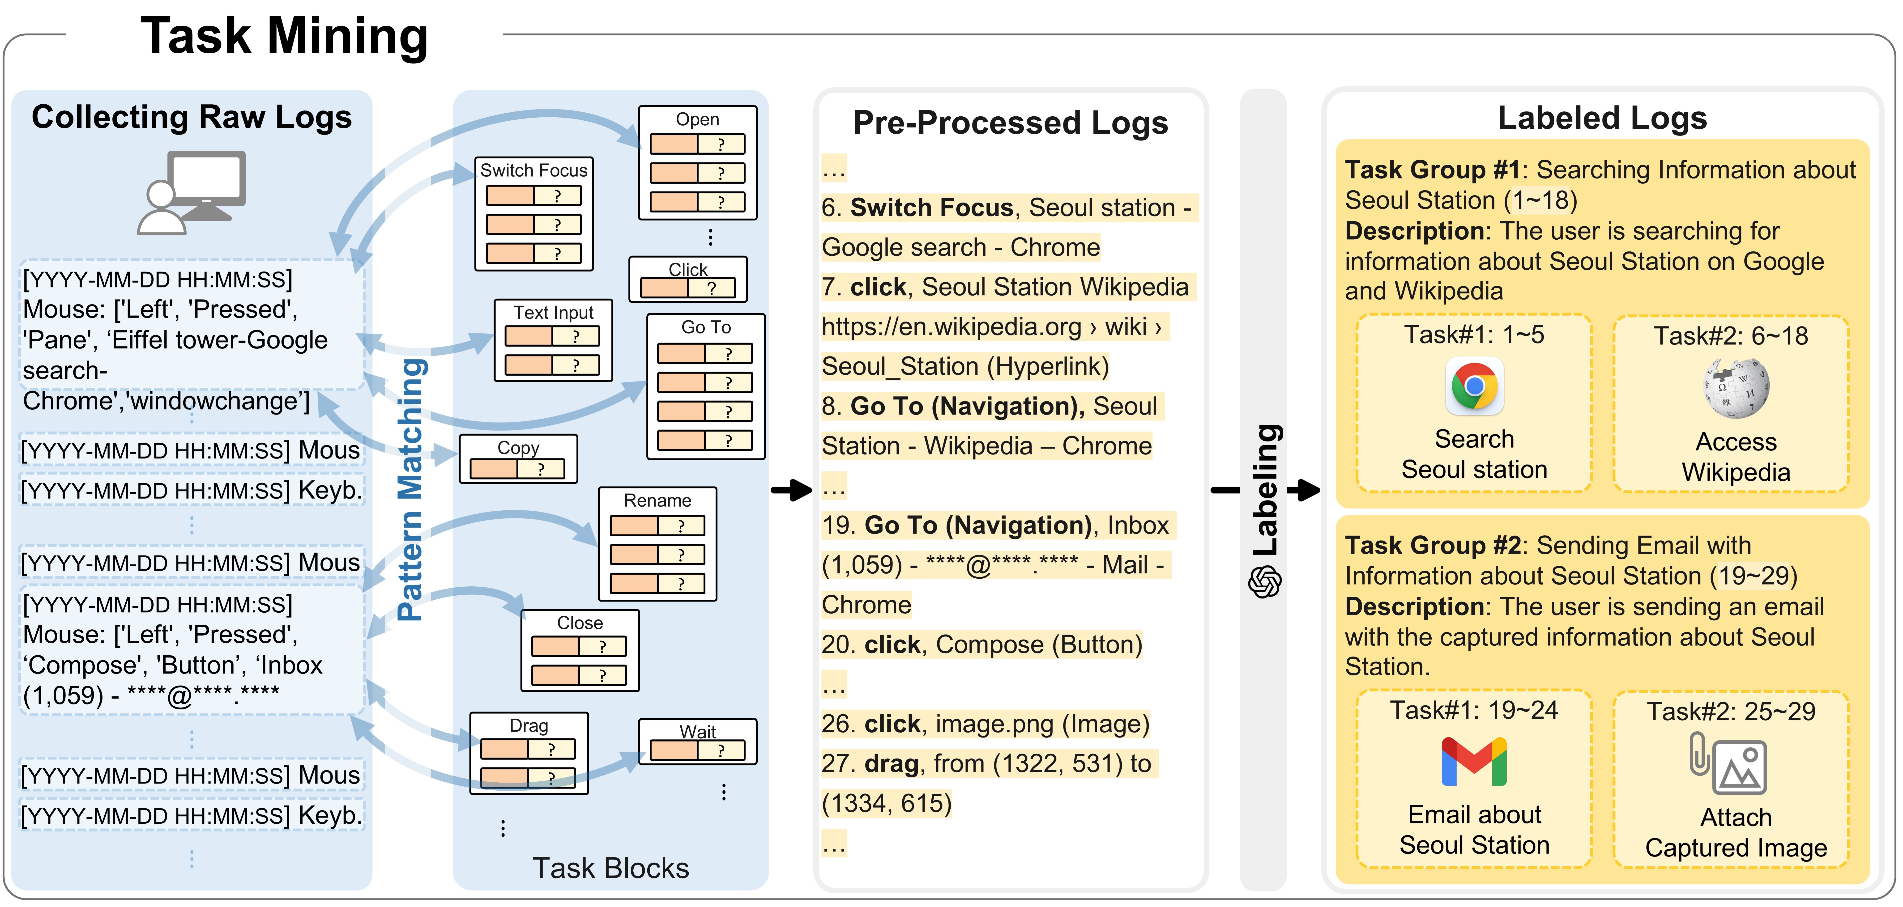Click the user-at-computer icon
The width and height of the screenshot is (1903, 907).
(192, 192)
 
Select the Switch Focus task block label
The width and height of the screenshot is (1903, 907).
(533, 171)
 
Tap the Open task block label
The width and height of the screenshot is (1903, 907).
(697, 120)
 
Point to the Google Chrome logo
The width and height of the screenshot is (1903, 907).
(1474, 386)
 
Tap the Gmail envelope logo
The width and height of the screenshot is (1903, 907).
(1474, 762)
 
